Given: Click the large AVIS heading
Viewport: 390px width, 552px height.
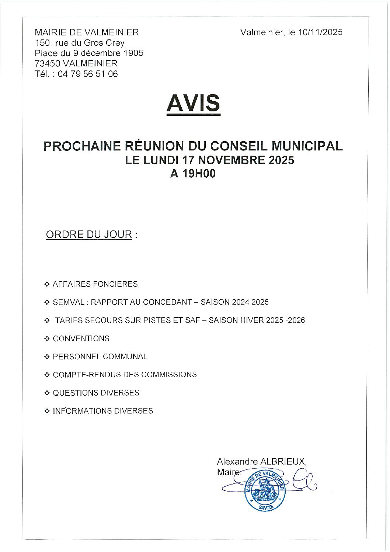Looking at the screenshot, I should pyautogui.click(x=193, y=103).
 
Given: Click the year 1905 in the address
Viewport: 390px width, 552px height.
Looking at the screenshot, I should pyautogui.click(x=133, y=53).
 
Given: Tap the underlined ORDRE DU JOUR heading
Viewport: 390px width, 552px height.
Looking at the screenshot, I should pyautogui.click(x=89, y=235).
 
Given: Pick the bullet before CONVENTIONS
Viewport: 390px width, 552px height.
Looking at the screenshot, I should pyautogui.click(x=47, y=339).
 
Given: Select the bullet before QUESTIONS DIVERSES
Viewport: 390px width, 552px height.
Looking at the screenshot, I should pyautogui.click(x=47, y=393).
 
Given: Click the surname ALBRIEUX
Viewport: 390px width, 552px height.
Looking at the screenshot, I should pyautogui.click(x=283, y=461).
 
